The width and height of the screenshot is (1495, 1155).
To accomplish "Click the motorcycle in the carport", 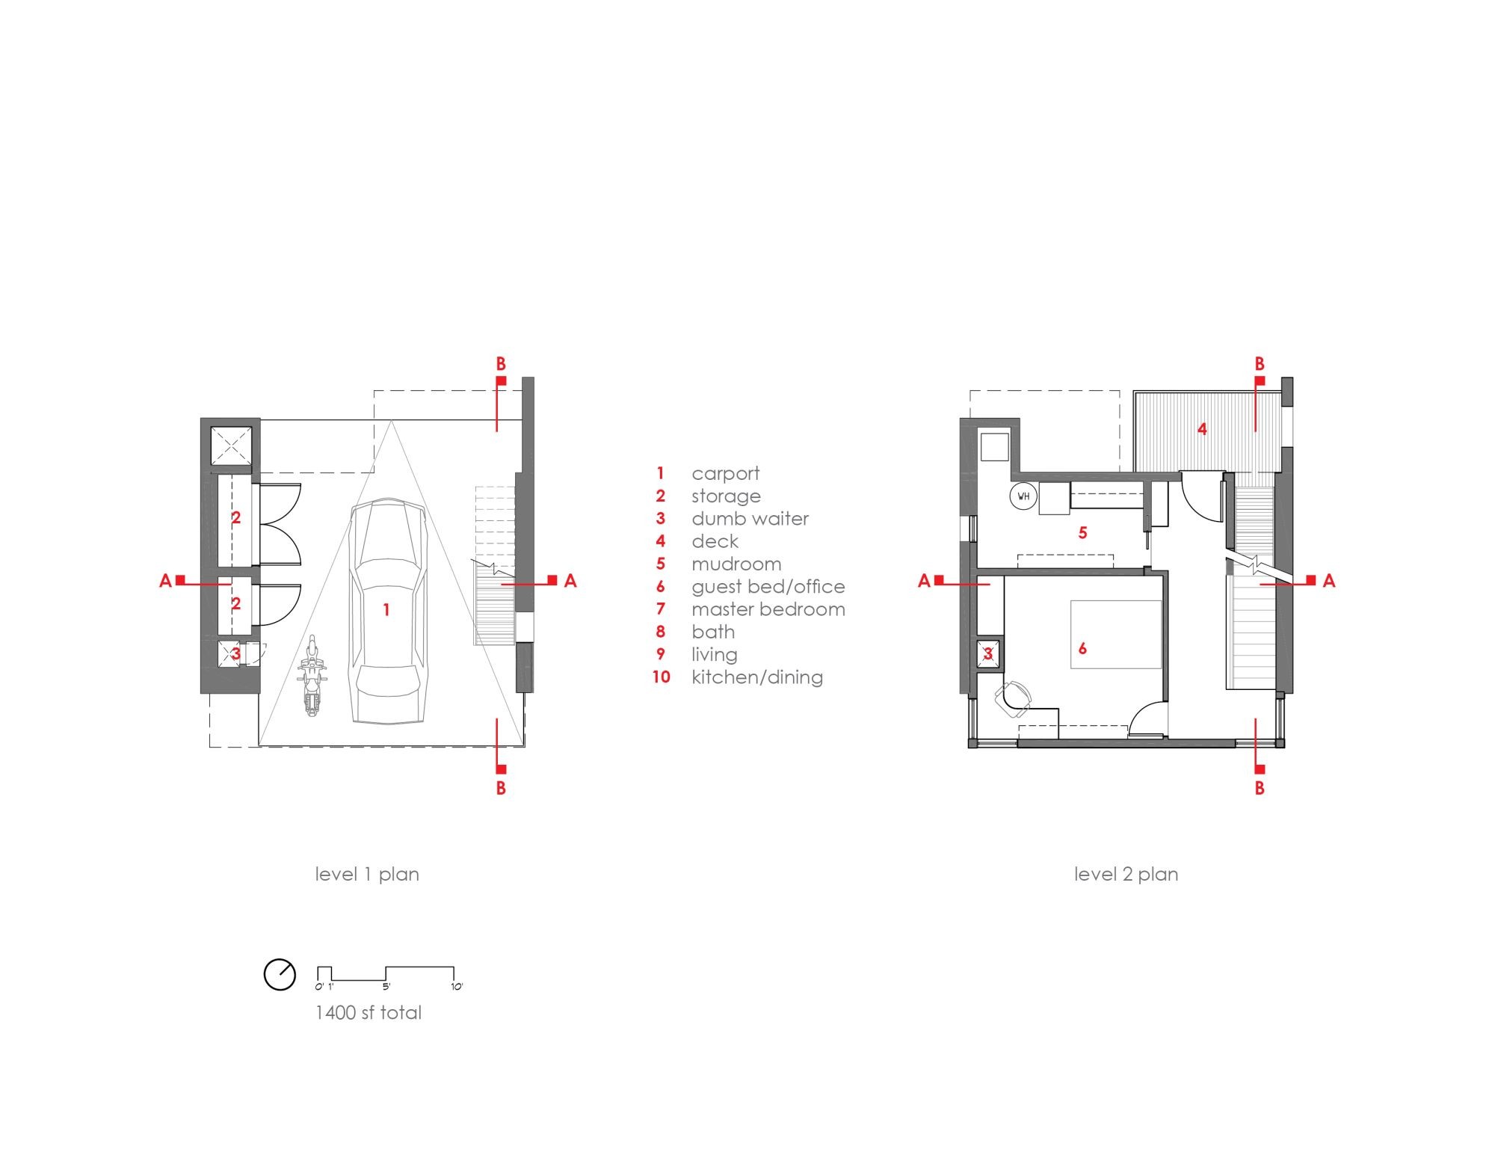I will click(312, 677).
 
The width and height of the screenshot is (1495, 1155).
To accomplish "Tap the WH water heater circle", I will click(1023, 496).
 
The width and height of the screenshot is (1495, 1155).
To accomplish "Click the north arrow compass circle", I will click(280, 975).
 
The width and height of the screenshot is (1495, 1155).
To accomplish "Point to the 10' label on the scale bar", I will click(457, 987).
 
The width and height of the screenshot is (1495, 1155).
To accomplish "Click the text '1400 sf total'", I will click(369, 1013).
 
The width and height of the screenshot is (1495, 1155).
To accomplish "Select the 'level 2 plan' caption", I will click(1126, 874).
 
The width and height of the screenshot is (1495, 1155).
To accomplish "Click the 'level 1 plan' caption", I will click(366, 874).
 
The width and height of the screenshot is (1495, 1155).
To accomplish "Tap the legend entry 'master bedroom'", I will click(768, 609).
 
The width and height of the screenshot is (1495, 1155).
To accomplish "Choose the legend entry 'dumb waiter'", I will click(750, 519).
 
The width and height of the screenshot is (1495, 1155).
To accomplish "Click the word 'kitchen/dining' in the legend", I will click(756, 677).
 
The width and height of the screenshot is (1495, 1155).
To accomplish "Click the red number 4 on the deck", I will click(1202, 429).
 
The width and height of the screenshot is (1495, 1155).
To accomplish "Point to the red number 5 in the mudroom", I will click(1082, 533).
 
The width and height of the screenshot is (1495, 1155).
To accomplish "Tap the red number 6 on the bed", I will click(1082, 649).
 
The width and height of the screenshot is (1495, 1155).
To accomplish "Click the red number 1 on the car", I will click(386, 610).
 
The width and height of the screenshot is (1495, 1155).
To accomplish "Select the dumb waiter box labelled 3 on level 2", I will click(988, 654).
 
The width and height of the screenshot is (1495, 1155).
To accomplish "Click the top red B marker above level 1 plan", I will click(501, 365).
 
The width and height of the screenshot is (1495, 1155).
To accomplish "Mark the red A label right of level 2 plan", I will click(1328, 581).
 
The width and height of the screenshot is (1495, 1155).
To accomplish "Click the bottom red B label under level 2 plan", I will click(1260, 788).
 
